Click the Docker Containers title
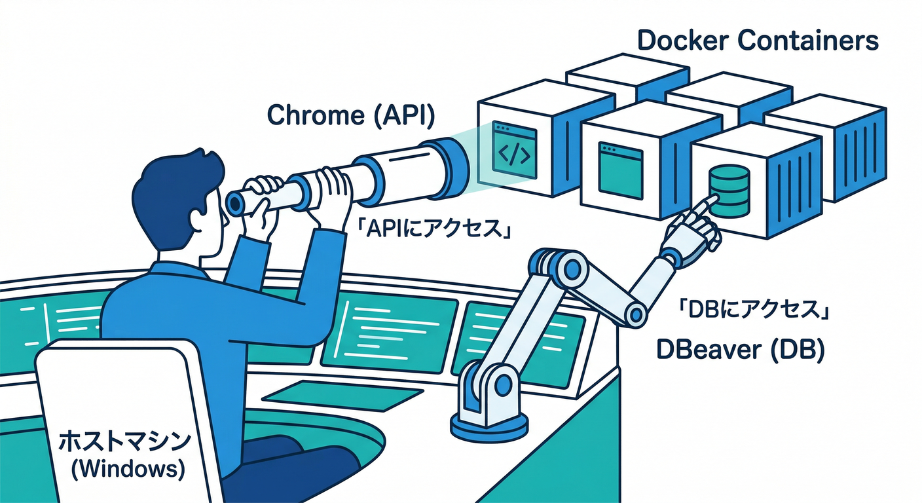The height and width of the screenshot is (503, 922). pos(758,41)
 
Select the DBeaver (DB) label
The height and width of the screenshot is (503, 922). pos(740,351)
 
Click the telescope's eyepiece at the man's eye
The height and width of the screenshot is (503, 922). pos(234,203)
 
